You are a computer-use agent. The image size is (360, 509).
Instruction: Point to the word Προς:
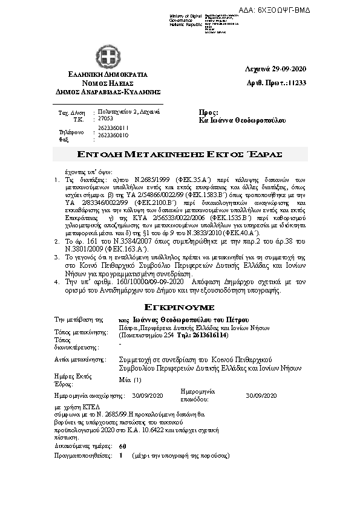coord(209,113)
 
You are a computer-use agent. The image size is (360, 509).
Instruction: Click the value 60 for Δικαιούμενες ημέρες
coord(123,446)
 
